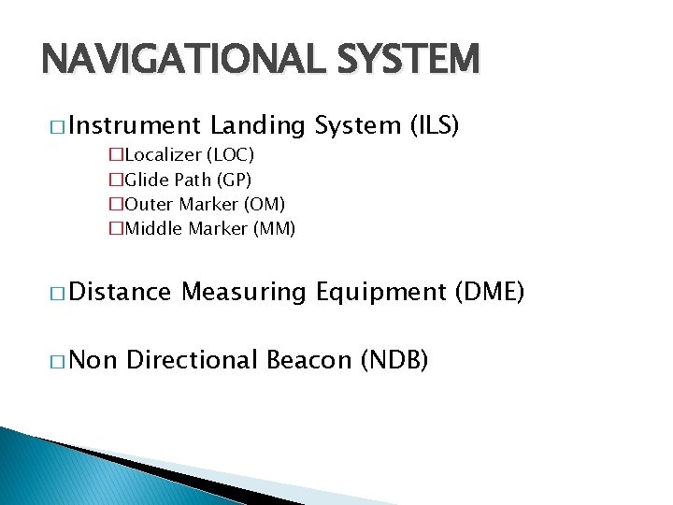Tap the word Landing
tap(258, 125)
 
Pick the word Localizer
tap(164, 154)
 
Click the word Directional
tap(193, 359)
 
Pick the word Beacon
tap(310, 359)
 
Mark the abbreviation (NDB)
tap(394, 359)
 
